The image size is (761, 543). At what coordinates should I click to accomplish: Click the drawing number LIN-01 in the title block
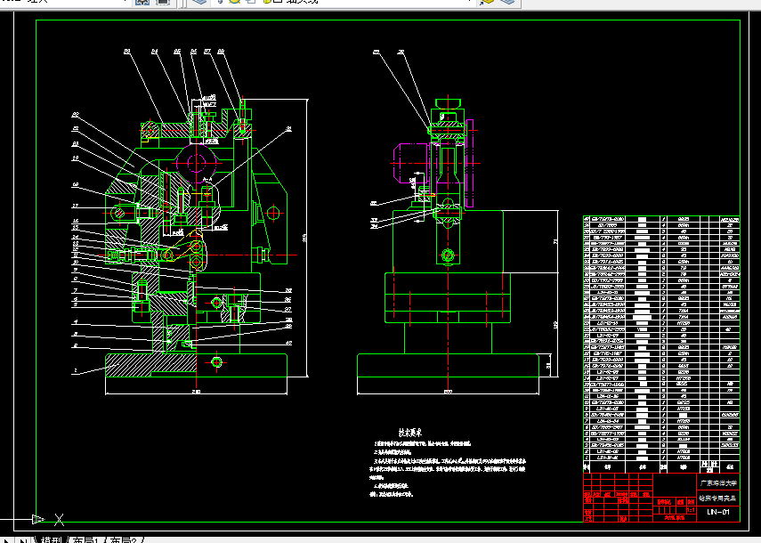(717, 512)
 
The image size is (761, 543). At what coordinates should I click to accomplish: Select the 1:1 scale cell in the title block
(690, 511)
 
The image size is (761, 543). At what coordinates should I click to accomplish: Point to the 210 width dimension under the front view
(196, 392)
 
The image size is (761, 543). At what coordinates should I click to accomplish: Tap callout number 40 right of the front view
(289, 342)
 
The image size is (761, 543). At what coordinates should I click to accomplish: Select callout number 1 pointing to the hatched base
(76, 369)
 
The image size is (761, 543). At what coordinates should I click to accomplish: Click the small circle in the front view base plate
(217, 362)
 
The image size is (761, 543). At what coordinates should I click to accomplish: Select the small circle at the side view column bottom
(447, 257)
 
